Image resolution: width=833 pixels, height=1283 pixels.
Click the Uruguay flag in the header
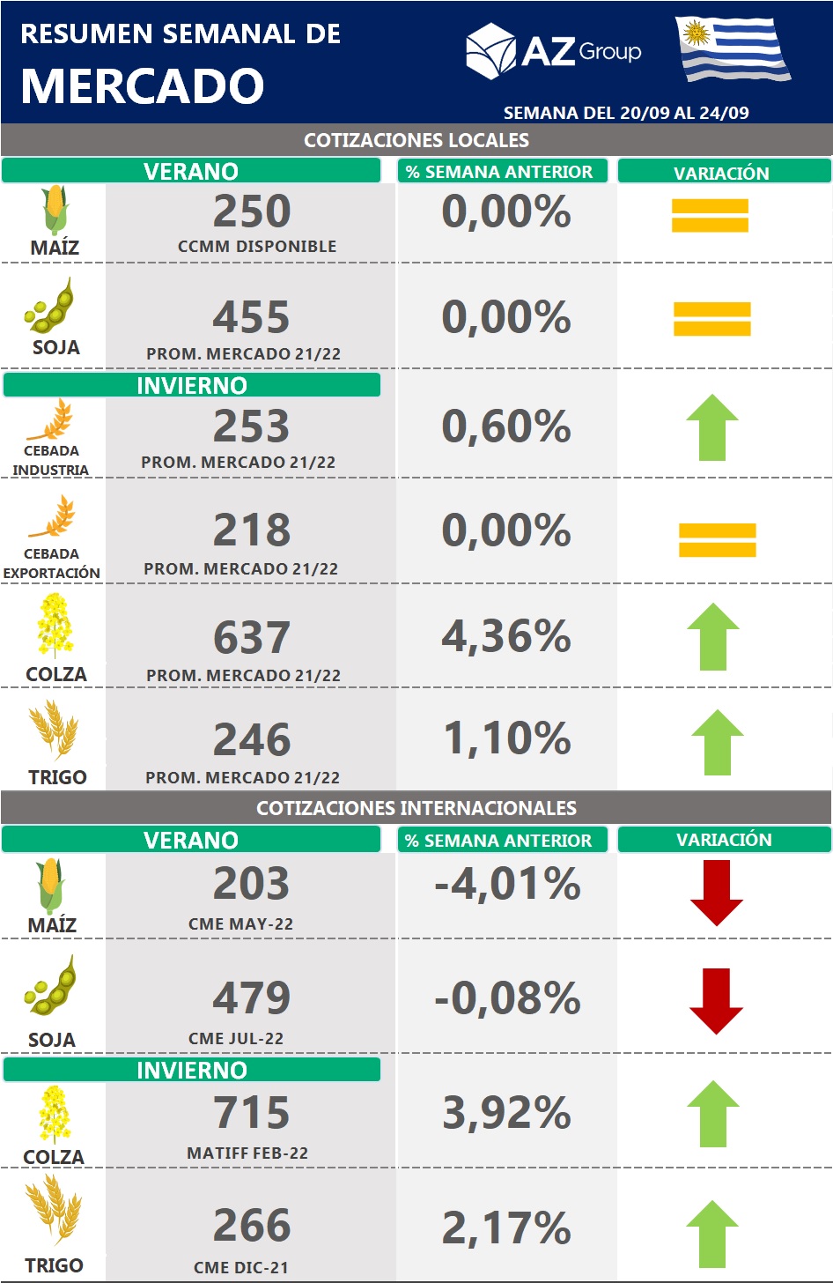coord(733,49)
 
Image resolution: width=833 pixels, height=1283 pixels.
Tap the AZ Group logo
coord(553,51)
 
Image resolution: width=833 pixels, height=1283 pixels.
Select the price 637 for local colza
coord(252,637)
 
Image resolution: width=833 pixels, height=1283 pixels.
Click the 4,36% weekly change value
coord(506,636)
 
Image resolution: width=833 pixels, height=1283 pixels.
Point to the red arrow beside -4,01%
coord(717,893)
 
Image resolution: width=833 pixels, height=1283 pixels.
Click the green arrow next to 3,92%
coord(713,1115)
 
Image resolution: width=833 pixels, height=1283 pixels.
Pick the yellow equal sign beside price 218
coord(717,540)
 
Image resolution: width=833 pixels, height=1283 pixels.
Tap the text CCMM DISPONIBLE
coord(257,247)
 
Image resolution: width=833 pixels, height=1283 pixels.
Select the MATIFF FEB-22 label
coord(247,1153)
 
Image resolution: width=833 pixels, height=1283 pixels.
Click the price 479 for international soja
coord(252,997)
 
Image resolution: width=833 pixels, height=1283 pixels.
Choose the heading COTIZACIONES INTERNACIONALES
coord(416,808)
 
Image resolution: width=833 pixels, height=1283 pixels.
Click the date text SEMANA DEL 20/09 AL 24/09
coord(626,113)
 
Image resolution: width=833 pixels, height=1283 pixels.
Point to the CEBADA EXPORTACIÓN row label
coord(51,563)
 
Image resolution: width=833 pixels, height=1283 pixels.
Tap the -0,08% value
coord(507,998)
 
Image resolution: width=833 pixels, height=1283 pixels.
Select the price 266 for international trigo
coord(252,1225)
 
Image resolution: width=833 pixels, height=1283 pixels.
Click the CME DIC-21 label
coord(240,1267)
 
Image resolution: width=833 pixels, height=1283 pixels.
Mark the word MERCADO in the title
coord(142,86)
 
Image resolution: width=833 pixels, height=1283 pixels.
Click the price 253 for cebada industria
coord(252,426)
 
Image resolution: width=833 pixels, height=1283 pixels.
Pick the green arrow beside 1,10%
coord(718,742)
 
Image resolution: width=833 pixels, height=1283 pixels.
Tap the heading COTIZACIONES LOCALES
coord(416,140)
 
